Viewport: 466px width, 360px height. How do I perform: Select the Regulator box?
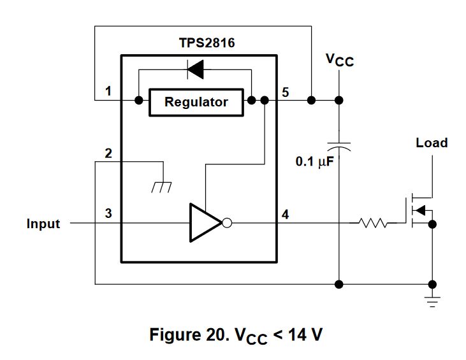pyautogui.click(x=196, y=102)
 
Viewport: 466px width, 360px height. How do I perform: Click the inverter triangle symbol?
pyautogui.click(x=204, y=223)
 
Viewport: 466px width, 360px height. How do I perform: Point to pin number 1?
pyautogui.click(x=108, y=92)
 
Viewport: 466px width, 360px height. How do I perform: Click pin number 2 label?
pyautogui.click(x=108, y=154)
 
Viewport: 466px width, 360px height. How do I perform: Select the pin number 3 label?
pyautogui.click(x=108, y=213)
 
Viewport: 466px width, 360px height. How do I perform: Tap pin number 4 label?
pyautogui.click(x=285, y=213)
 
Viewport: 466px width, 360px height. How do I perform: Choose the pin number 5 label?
pyautogui.click(x=285, y=92)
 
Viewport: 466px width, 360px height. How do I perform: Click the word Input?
pyautogui.click(x=43, y=224)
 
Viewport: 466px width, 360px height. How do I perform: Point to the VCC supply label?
pyautogui.click(x=339, y=61)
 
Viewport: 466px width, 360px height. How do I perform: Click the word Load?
pyautogui.click(x=432, y=142)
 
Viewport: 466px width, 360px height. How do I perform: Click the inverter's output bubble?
pyautogui.click(x=226, y=223)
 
